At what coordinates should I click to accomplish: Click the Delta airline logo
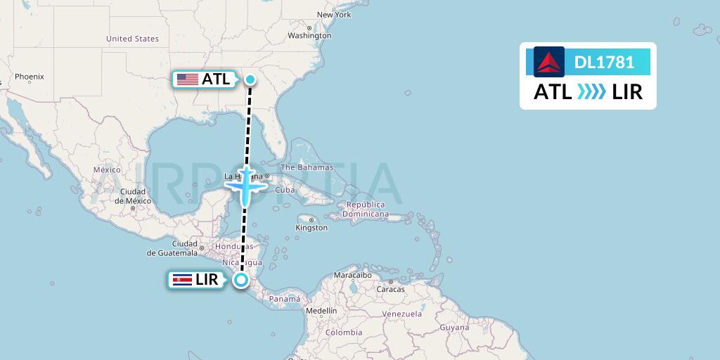pos(549,62)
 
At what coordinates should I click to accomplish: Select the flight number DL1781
pos(604,63)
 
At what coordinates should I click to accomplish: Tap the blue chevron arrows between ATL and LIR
pos(591,92)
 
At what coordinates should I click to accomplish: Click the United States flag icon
pos(187,79)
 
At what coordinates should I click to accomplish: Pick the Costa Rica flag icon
pos(181,280)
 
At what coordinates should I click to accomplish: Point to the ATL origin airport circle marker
pos(250,79)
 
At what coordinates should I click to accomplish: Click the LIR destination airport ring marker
pos(241,280)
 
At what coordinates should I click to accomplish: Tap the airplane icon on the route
pos(245,186)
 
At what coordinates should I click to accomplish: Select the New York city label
pos(334,15)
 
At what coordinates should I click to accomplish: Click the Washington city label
pos(309,35)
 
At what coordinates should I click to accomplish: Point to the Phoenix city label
pos(30,77)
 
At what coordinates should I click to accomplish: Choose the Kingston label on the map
pos(311,228)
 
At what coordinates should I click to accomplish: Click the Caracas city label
pos(391,289)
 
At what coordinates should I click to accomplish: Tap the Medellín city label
pos(321,310)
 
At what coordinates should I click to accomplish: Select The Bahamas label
pos(307,167)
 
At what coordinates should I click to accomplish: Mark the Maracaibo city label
pos(352,275)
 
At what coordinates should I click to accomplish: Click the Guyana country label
pos(454,328)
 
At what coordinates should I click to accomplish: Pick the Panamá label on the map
pos(285,299)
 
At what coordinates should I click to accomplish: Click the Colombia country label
pos(343,332)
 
